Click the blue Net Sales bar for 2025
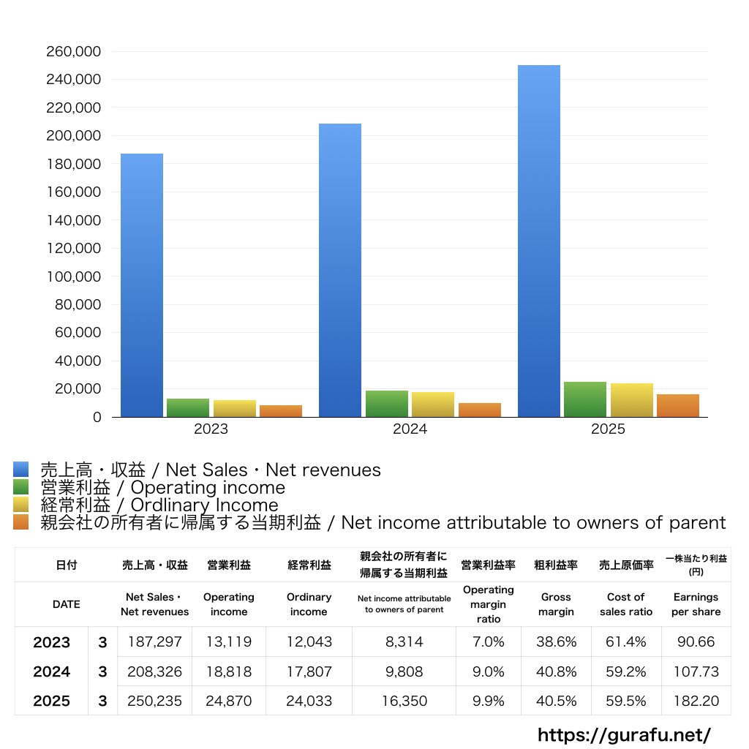click(539, 241)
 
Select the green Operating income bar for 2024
click(387, 404)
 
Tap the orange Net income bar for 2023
click(281, 411)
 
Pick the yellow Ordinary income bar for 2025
click(632, 400)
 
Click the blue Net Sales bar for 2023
click(142, 285)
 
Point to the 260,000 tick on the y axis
click(73, 52)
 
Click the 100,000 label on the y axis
click(73, 276)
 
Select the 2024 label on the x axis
click(410, 429)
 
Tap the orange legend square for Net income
click(21, 522)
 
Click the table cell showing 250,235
click(154, 701)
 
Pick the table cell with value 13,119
click(228, 642)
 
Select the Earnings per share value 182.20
click(696, 701)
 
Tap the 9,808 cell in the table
click(403, 671)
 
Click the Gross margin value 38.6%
click(556, 642)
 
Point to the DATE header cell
click(66, 604)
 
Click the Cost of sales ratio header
click(625, 604)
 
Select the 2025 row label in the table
click(52, 701)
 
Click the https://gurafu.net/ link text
click(624, 734)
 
